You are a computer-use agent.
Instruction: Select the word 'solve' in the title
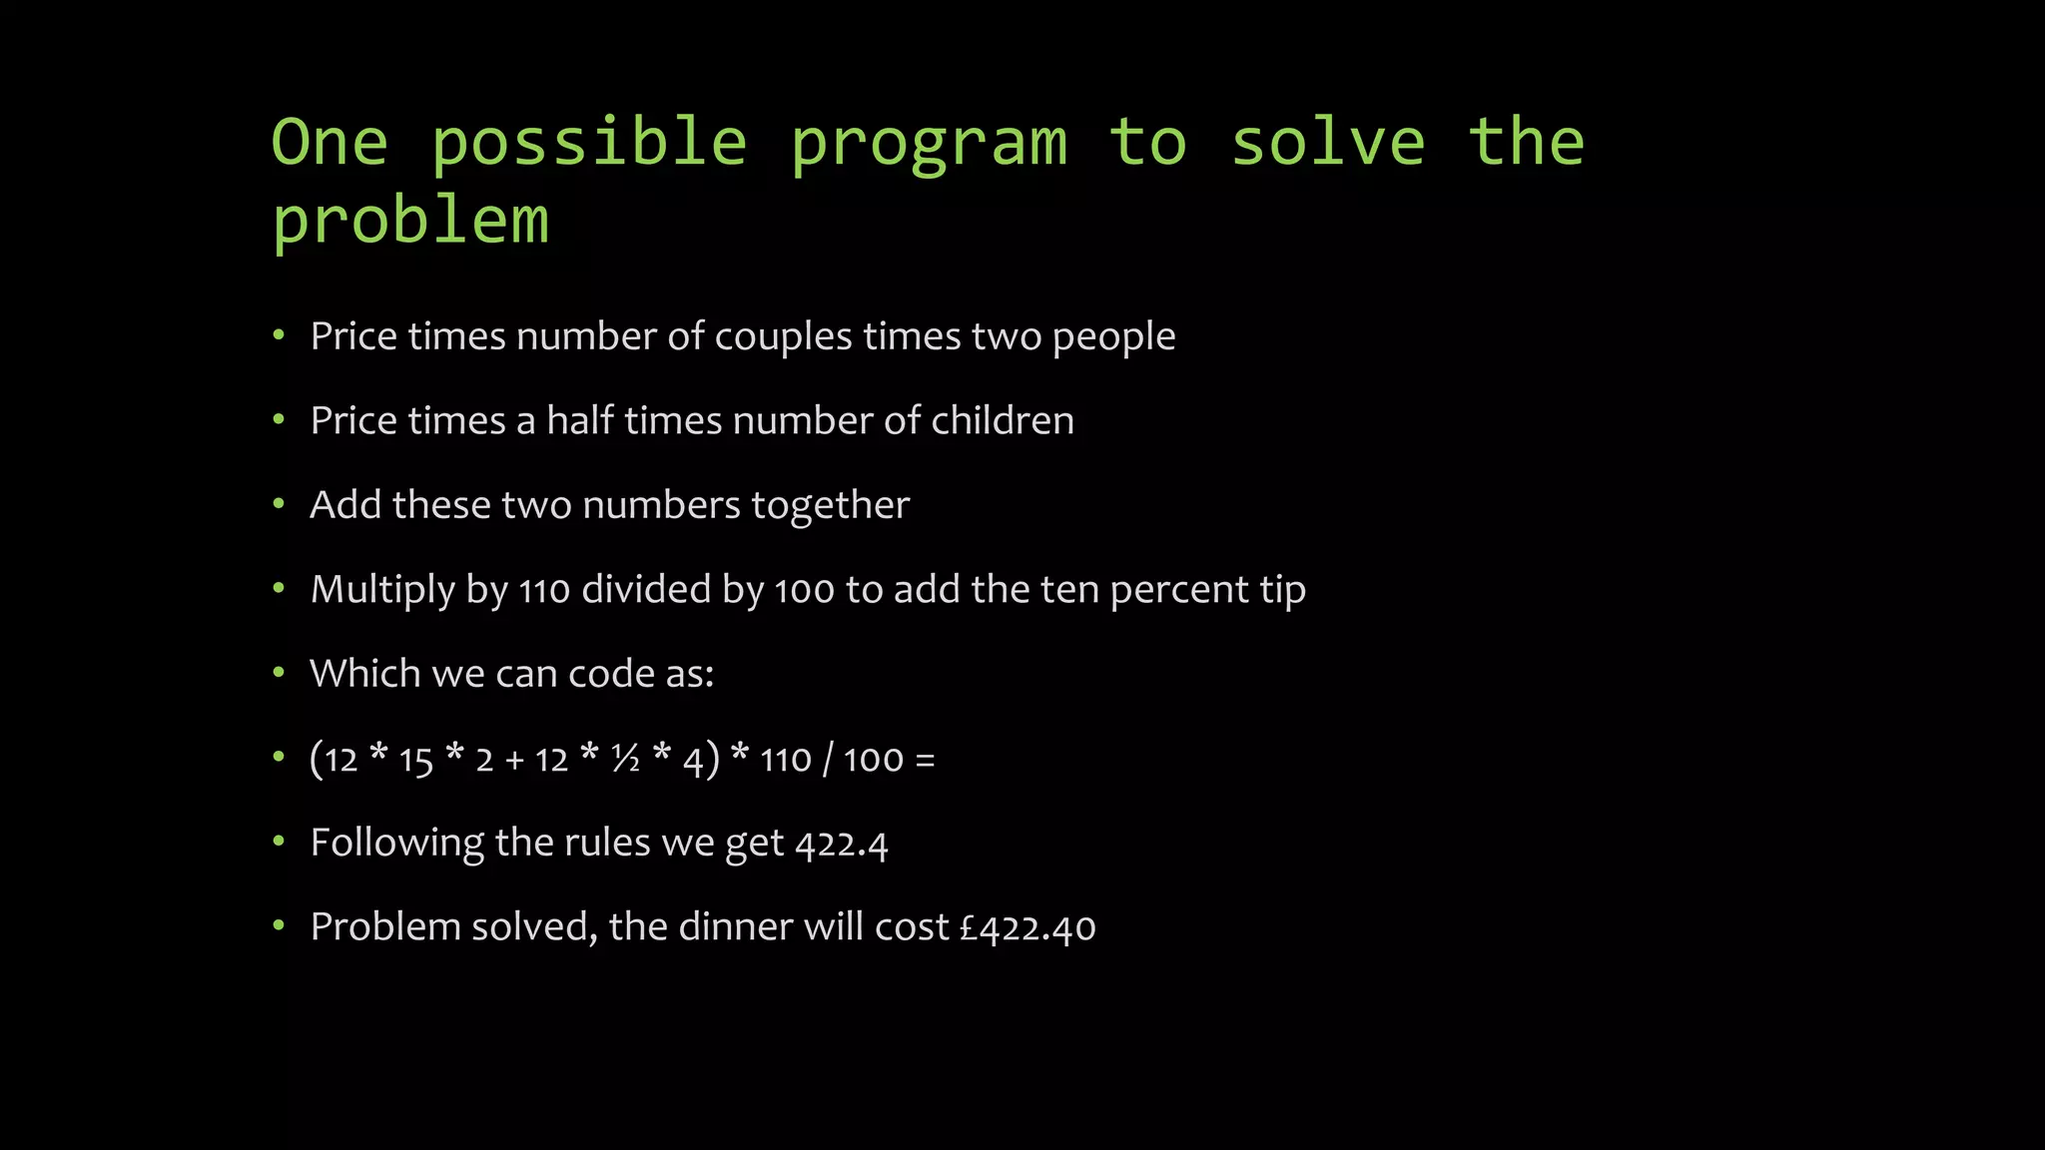click(x=1328, y=142)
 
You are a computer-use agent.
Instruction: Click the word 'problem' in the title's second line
click(x=410, y=222)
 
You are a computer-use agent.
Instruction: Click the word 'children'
click(x=1003, y=421)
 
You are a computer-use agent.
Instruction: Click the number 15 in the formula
click(x=415, y=761)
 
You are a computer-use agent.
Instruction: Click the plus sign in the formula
click(x=514, y=761)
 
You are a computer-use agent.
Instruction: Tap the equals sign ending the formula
click(x=925, y=761)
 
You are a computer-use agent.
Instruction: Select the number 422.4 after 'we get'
click(x=841, y=845)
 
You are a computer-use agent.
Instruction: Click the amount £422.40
click(x=1027, y=928)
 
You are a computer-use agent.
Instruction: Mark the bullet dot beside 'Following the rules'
click(x=279, y=842)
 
